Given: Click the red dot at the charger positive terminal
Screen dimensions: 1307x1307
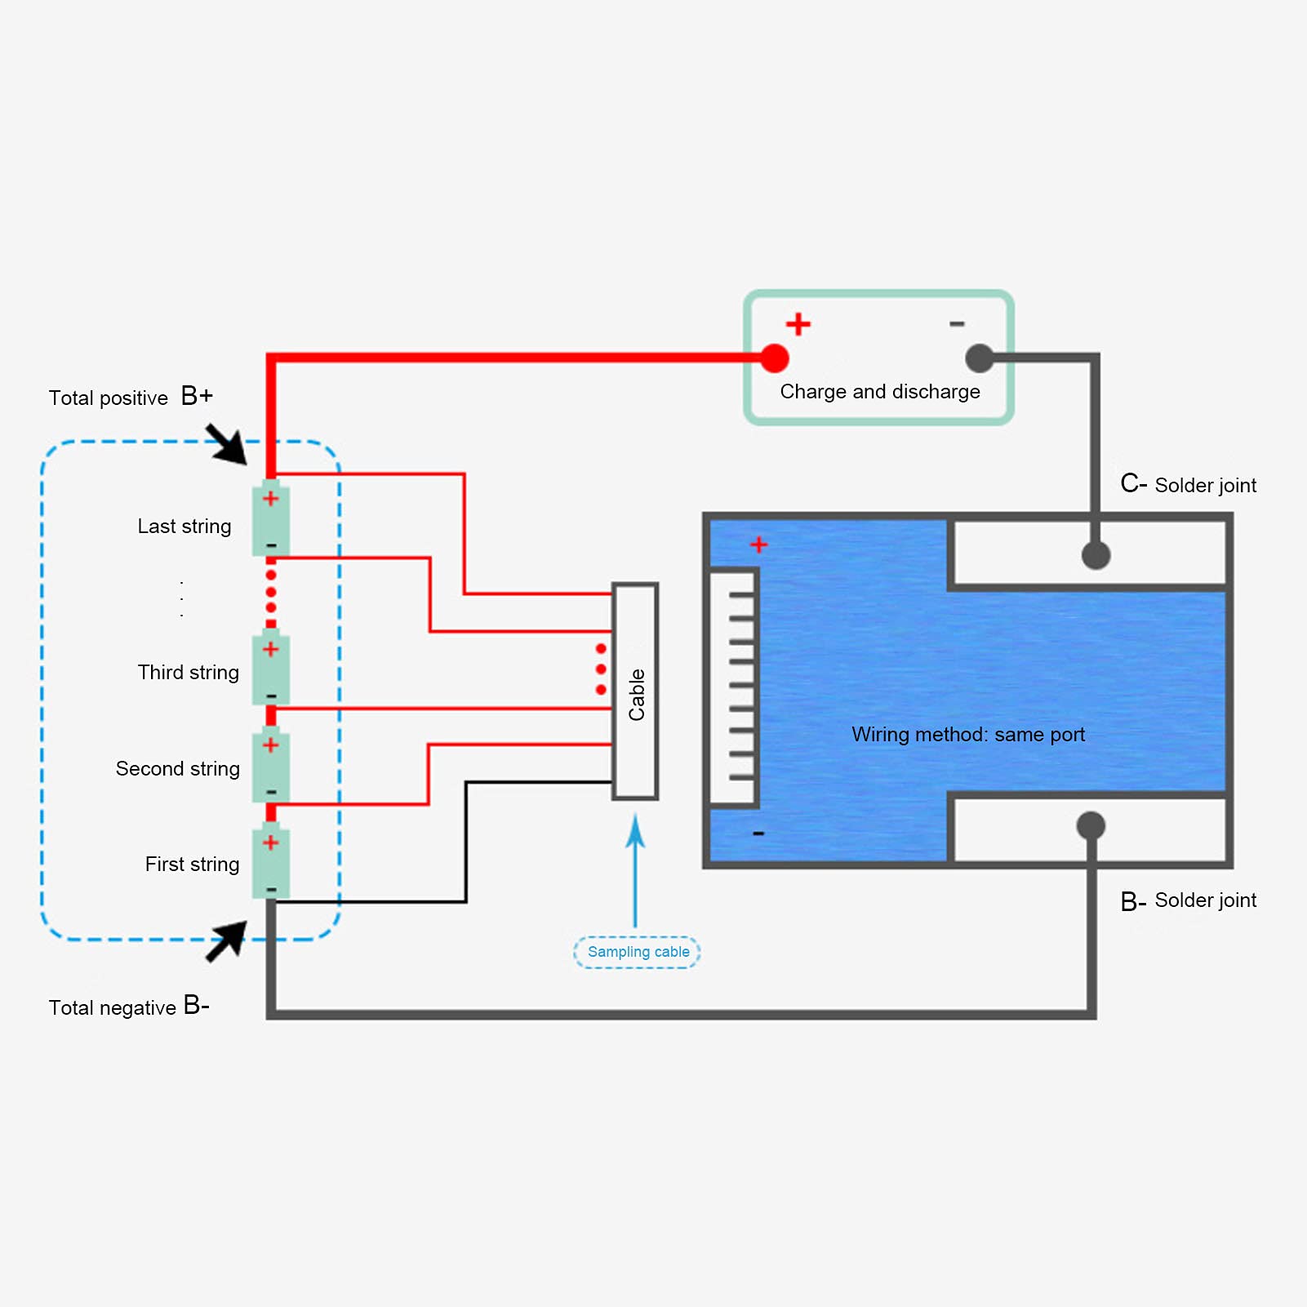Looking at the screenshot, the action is click(x=774, y=358).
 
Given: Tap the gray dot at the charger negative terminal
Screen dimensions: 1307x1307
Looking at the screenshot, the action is click(x=980, y=358).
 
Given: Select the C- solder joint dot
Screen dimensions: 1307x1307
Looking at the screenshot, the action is click(x=1096, y=555).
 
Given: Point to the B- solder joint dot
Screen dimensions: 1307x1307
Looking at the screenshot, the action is click(x=1091, y=825).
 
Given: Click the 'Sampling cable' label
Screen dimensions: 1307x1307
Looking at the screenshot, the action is click(x=638, y=952).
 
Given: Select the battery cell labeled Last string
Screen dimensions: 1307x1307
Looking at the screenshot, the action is click(x=271, y=519).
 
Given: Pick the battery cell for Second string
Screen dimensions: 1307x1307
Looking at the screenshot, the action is click(x=271, y=764).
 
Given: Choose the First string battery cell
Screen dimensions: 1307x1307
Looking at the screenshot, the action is click(x=271, y=861).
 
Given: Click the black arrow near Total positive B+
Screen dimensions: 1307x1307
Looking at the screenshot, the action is click(x=226, y=444).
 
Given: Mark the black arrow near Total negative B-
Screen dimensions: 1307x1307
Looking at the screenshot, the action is click(x=226, y=941).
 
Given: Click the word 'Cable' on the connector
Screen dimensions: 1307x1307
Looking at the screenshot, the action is click(x=637, y=695).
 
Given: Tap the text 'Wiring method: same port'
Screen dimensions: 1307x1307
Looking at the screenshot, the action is click(x=968, y=735).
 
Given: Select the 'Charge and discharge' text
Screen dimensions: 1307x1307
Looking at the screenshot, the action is click(x=880, y=392).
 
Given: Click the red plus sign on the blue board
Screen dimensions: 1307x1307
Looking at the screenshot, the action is click(x=758, y=545).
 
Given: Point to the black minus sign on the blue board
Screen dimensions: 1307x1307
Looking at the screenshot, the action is click(x=758, y=834).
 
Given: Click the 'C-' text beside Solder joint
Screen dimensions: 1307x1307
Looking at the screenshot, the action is click(x=1134, y=483).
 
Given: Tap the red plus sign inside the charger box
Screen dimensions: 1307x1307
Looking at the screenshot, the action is click(x=798, y=324).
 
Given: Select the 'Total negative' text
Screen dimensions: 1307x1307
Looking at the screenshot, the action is click(x=112, y=1008).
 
